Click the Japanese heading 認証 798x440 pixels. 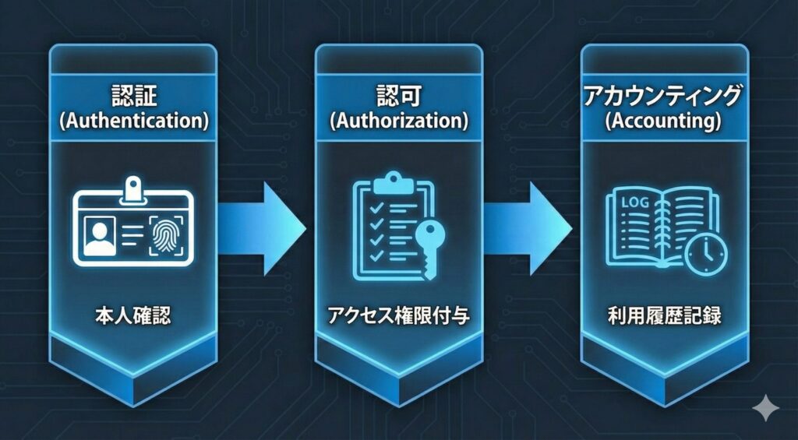click(x=132, y=97)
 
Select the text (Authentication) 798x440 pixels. click(x=132, y=122)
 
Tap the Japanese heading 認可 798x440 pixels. click(x=398, y=97)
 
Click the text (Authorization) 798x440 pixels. click(x=398, y=122)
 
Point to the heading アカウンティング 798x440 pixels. click(x=664, y=97)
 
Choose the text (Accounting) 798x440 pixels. click(x=664, y=122)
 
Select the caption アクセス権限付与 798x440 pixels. click(x=397, y=316)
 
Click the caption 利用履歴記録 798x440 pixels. click(x=664, y=316)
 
